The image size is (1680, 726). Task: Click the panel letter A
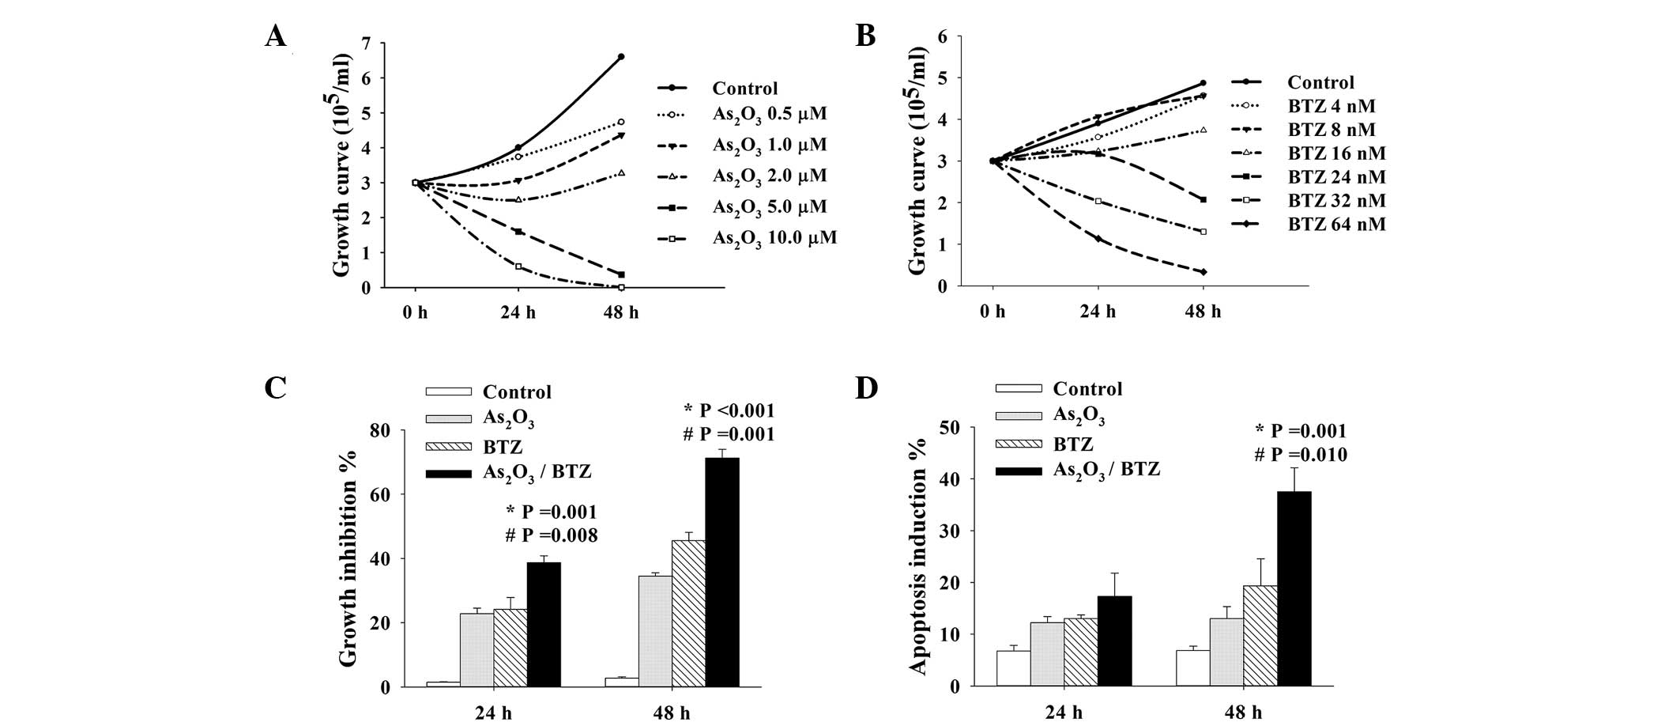(x=275, y=36)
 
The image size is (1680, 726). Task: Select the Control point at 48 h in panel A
(x=621, y=57)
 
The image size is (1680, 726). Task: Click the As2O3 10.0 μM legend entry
(x=774, y=238)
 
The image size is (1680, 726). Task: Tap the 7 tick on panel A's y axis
(x=365, y=43)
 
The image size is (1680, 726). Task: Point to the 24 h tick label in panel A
(x=518, y=312)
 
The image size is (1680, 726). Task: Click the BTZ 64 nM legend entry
(x=1335, y=225)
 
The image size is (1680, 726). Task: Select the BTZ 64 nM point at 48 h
(x=1203, y=272)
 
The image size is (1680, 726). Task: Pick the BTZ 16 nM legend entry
(x=1335, y=153)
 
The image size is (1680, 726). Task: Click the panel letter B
(x=865, y=36)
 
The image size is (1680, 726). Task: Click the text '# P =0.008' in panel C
(x=552, y=535)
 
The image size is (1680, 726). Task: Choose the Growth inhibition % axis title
(x=348, y=558)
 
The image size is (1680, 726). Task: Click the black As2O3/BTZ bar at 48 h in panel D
(x=1294, y=588)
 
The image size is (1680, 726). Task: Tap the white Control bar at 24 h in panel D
(x=1012, y=668)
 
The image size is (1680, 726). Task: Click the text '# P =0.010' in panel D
(x=1301, y=455)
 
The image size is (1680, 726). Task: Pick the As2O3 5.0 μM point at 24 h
(x=518, y=232)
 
